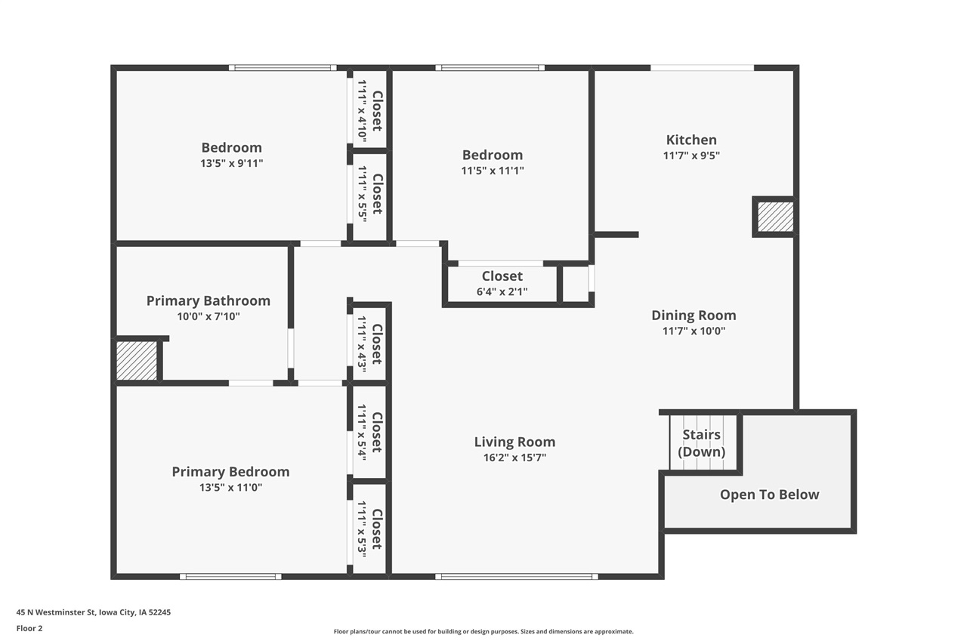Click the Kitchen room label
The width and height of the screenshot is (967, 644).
click(x=691, y=140)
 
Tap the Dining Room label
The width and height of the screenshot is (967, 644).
click(x=694, y=316)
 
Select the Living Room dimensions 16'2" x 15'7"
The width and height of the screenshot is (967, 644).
click(x=514, y=458)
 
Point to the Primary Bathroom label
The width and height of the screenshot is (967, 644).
click(x=208, y=300)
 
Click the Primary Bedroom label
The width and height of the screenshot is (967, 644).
click(x=230, y=472)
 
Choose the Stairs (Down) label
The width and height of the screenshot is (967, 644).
click(x=701, y=443)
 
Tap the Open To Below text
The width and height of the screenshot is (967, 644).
click(x=769, y=495)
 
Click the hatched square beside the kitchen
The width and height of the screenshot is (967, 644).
click(x=775, y=217)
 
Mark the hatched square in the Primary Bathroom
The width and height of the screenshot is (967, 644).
click(x=137, y=360)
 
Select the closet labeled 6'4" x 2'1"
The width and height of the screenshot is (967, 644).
click(x=502, y=284)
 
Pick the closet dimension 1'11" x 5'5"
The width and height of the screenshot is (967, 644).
click(x=361, y=194)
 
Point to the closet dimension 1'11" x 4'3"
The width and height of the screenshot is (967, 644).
click(x=361, y=344)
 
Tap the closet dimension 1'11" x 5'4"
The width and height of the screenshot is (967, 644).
click(x=361, y=432)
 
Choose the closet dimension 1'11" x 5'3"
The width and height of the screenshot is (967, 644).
click(x=361, y=528)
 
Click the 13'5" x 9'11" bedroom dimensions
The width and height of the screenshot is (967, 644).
click(x=231, y=163)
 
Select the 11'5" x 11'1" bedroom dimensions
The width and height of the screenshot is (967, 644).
click(x=493, y=171)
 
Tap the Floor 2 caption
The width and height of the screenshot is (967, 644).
click(x=29, y=627)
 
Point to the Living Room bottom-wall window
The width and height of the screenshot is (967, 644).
click(x=517, y=577)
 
